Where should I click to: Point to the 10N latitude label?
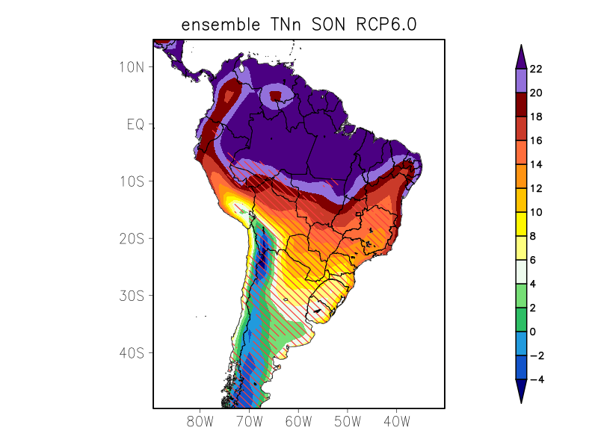131,66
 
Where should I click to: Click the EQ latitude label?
135,124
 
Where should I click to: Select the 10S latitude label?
131,181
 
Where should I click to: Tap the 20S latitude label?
131,238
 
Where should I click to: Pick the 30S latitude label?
131,296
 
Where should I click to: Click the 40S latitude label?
131,352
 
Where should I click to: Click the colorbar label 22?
536,69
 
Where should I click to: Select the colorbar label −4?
536,380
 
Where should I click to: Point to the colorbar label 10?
536,213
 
